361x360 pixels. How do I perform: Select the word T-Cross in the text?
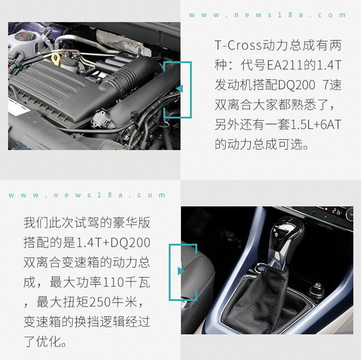pos(238,45)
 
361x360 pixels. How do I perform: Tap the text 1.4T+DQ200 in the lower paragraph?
pos(113,243)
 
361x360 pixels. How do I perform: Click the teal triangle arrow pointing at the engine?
pos(179,88)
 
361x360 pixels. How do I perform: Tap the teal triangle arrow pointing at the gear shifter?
pos(181,271)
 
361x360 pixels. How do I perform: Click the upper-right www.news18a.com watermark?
pos(267,15)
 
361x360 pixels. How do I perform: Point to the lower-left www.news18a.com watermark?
pos(87,195)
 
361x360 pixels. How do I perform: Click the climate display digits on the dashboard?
pos(336,211)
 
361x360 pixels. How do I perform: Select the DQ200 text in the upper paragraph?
pos(296,85)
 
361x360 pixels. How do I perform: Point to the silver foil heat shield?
pos(124,43)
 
